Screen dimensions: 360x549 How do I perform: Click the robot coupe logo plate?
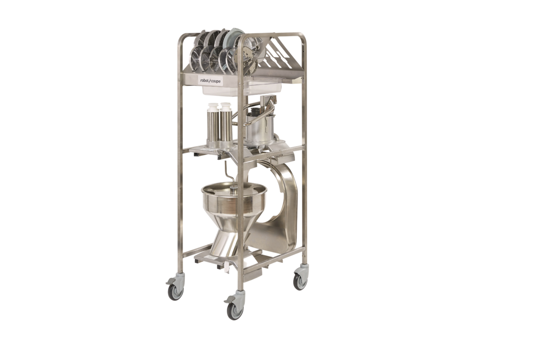tap(211, 80)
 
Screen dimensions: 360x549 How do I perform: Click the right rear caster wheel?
tap(300, 281)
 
